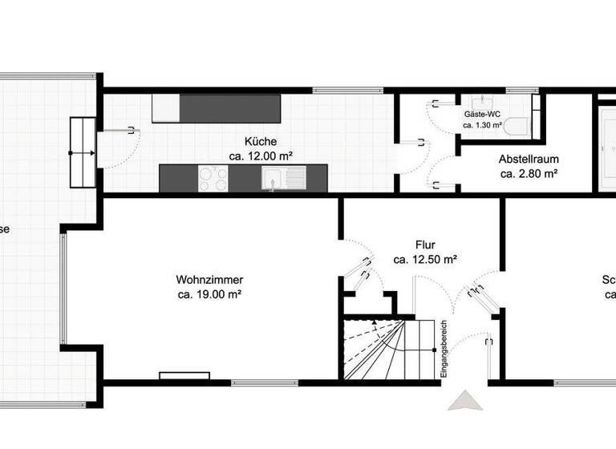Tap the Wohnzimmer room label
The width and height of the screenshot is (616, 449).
[x=209, y=280]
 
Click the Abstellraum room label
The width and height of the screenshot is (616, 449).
[x=529, y=159]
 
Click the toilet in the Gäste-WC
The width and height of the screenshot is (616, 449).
[x=516, y=127]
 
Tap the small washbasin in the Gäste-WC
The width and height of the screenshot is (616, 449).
[x=482, y=102]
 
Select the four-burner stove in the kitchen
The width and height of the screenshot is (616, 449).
[x=213, y=178]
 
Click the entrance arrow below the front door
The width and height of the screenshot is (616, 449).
[x=465, y=402]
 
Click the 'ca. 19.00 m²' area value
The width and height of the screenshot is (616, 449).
[x=209, y=294]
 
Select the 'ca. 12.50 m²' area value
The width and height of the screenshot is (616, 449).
[x=425, y=260]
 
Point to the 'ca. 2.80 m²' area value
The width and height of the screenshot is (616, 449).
[x=529, y=173]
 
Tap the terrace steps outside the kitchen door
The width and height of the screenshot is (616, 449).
[x=82, y=152]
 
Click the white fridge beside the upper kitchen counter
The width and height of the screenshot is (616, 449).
[x=165, y=108]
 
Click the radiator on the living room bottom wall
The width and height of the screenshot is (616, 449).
[x=184, y=375]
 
